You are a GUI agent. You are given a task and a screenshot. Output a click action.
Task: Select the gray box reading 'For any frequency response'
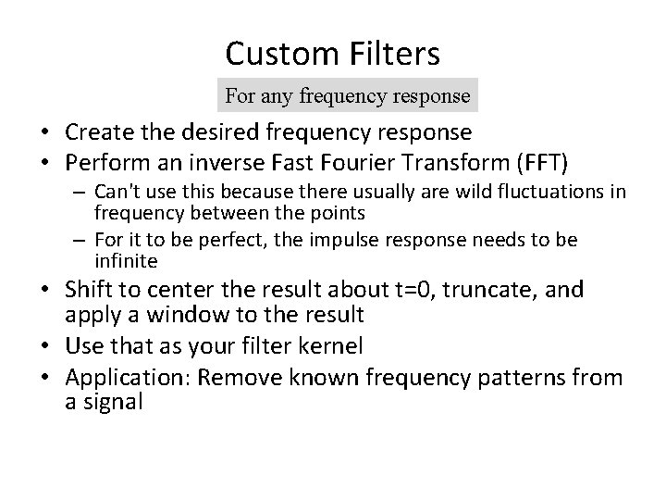348,95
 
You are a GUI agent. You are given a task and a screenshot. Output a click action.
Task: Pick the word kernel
344,346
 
